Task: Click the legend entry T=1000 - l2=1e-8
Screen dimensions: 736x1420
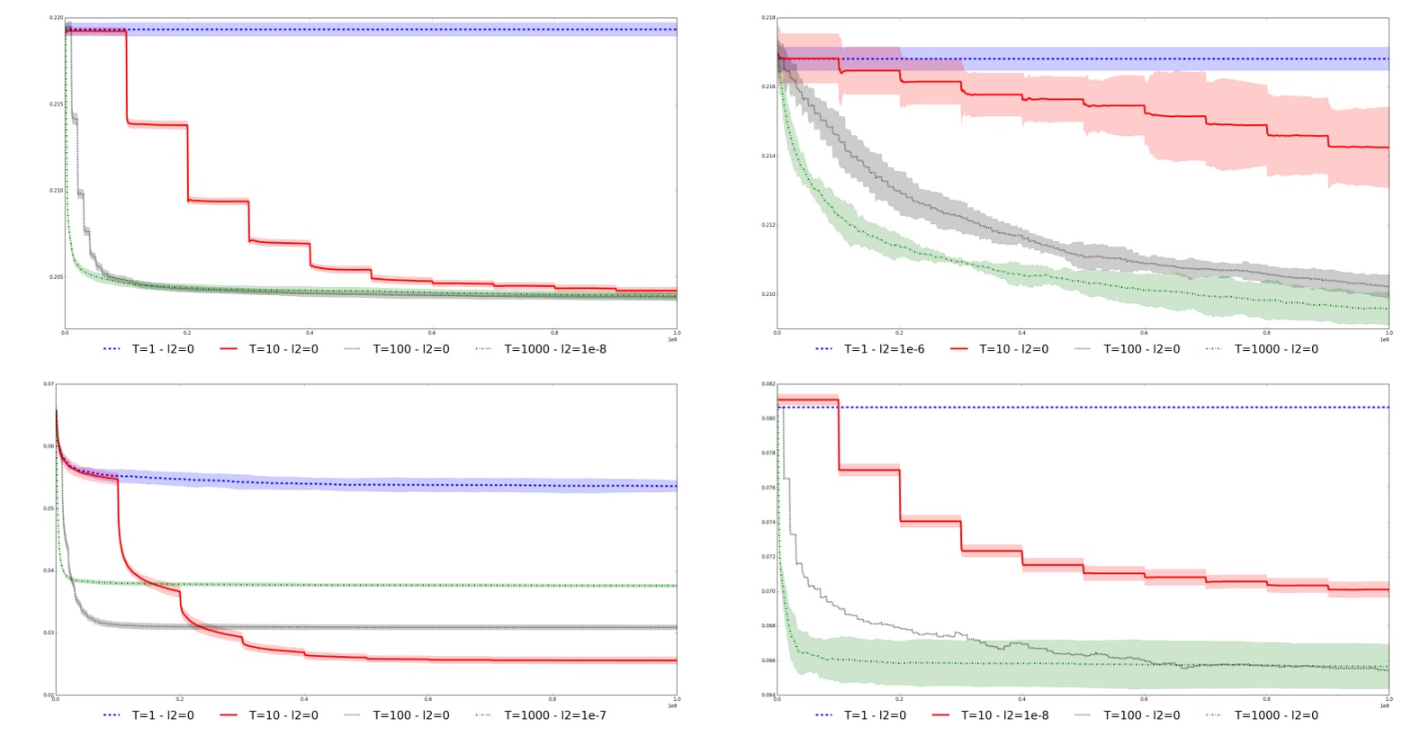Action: pos(554,349)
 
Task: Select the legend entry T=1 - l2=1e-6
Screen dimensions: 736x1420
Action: pos(884,349)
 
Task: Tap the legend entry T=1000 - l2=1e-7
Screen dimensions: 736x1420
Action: pos(554,715)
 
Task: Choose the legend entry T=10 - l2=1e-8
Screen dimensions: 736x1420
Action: pos(1004,715)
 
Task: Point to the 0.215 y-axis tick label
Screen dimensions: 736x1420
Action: pos(57,104)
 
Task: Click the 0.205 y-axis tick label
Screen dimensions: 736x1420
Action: pos(57,277)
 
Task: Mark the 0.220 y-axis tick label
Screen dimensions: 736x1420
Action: pos(57,18)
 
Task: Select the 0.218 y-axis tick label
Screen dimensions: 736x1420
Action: pos(768,18)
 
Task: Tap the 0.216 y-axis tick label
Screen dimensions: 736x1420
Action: pos(768,87)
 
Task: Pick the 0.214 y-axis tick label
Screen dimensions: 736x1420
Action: pos(768,157)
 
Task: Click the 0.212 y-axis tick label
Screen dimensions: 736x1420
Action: pos(768,225)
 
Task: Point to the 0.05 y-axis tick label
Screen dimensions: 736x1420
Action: pos(49,508)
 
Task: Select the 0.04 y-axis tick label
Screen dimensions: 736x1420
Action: pos(49,570)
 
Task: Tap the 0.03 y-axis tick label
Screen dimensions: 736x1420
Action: pos(49,633)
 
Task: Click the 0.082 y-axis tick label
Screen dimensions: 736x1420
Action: pos(768,384)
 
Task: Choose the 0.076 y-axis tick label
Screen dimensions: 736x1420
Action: pos(768,488)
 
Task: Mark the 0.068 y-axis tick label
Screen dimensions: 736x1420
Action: pos(768,625)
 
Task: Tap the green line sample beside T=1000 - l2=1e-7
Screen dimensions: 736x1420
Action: pos(484,715)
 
